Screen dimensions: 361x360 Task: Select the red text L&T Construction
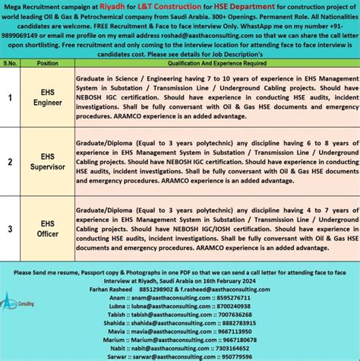[x=193, y=5]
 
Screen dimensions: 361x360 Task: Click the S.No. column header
[x=11, y=63]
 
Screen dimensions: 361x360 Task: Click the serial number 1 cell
[x=11, y=97]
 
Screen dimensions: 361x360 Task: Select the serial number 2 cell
[x=11, y=161]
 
